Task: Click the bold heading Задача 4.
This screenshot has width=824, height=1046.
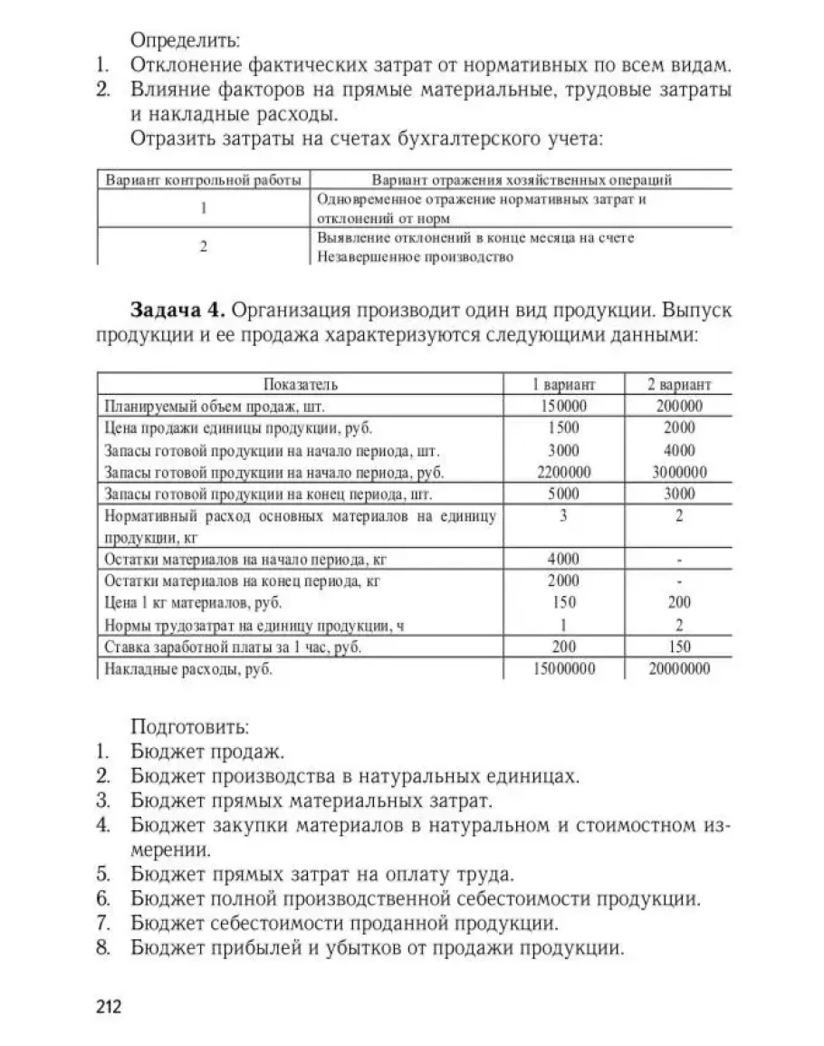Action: pyautogui.click(x=177, y=311)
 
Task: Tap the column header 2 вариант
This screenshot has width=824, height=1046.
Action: pyautogui.click(x=679, y=384)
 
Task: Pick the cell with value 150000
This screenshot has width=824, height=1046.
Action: pyautogui.click(x=563, y=406)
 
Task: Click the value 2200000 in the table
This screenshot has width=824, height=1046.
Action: pyautogui.click(x=563, y=472)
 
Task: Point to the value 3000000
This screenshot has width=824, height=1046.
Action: pyautogui.click(x=679, y=472)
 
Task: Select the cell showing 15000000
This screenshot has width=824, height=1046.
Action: pyautogui.click(x=563, y=669)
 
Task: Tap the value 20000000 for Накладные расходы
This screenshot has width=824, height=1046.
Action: pyautogui.click(x=679, y=669)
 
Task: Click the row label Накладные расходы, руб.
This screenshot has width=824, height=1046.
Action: pyautogui.click(x=188, y=669)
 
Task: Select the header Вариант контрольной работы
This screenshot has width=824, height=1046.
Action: pyautogui.click(x=204, y=179)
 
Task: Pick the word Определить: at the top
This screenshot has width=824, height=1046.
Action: pyautogui.click(x=187, y=41)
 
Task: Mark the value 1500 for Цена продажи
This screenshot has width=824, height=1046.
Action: pyautogui.click(x=563, y=427)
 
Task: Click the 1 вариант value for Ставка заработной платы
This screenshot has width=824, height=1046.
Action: pyautogui.click(x=563, y=647)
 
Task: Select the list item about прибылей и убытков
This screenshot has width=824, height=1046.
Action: pyautogui.click(x=377, y=948)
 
